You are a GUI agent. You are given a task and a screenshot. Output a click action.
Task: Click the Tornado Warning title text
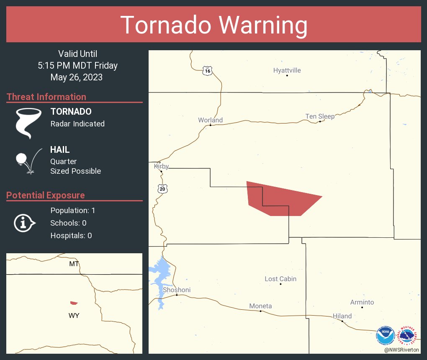pyautogui.click(x=213, y=25)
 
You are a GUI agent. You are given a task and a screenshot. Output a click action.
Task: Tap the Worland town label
pyautogui.click(x=210, y=120)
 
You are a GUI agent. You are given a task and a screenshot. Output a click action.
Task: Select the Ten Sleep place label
pyautogui.click(x=320, y=116)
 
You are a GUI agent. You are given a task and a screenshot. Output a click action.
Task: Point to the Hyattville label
pyautogui.click(x=287, y=70)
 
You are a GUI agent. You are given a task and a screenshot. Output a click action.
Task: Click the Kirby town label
pyautogui.click(x=161, y=166)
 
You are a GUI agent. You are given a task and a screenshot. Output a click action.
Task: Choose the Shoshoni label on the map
pyautogui.click(x=177, y=290)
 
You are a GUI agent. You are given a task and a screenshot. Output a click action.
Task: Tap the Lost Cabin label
pyautogui.click(x=280, y=279)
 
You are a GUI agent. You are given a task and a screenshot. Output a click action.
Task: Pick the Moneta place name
pyautogui.click(x=260, y=306)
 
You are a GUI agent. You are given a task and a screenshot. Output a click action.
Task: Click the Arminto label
pyautogui.click(x=362, y=302)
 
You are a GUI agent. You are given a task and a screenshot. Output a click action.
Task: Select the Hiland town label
pyautogui.click(x=342, y=316)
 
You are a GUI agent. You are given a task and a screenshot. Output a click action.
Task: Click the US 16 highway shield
pyautogui.click(x=207, y=71)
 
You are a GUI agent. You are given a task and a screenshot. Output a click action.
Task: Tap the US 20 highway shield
pyautogui.click(x=162, y=189)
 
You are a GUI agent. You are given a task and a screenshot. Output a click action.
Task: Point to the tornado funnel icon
pyautogui.click(x=28, y=123)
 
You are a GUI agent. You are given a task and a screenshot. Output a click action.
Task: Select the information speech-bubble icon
pyautogui.click(x=25, y=223)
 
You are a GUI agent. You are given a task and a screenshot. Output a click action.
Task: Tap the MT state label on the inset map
pyautogui.click(x=74, y=263)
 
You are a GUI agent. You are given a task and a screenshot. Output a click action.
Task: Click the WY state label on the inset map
pyautogui.click(x=74, y=316)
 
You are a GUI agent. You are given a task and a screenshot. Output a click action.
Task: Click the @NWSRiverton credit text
pyautogui.click(x=401, y=350)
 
